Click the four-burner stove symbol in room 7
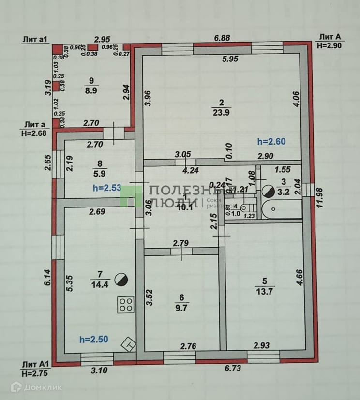[x=126, y=304]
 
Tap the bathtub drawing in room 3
[x=281, y=209]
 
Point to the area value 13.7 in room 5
[x=264, y=289]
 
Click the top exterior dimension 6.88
[x=223, y=37]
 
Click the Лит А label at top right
[x=329, y=37]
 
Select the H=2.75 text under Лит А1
[x=35, y=373]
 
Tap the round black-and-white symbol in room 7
[x=120, y=279]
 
